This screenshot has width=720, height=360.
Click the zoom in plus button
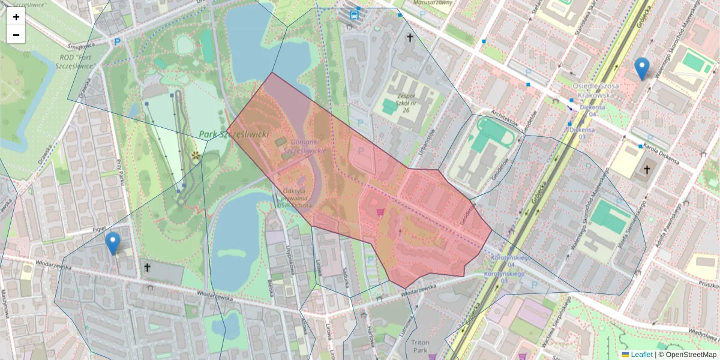pos(16,17)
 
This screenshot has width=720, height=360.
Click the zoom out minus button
pos(16,35)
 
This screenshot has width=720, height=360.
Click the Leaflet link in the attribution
pos(641,355)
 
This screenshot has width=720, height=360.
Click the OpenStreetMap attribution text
pos(691,355)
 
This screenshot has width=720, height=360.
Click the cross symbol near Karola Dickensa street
pos(647,169)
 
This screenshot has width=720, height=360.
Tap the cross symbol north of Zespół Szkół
pos(410,38)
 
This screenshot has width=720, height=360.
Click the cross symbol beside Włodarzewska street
pos(148,268)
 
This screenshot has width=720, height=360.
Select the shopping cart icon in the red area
pos(380,212)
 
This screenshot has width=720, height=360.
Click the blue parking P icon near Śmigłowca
pos(118,42)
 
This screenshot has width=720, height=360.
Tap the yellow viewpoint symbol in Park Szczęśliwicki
pos(196,156)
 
